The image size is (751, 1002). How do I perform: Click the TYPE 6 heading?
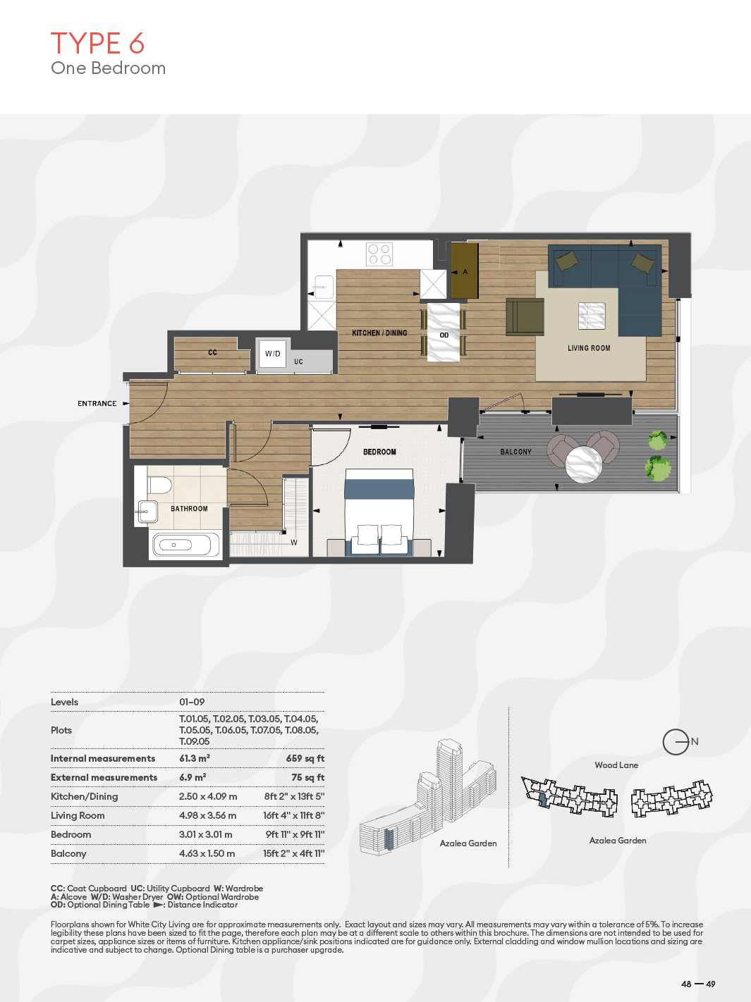(x=97, y=44)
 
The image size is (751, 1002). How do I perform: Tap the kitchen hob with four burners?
(x=379, y=254)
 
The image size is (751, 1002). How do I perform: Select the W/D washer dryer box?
(x=273, y=353)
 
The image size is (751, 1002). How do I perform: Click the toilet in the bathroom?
(x=159, y=485)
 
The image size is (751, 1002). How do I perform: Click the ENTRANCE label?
(x=97, y=404)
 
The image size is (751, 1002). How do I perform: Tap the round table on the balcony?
(x=583, y=464)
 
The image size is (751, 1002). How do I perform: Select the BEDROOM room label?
(x=379, y=452)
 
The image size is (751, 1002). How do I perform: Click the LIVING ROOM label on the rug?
(x=589, y=348)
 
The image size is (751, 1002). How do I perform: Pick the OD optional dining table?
(x=444, y=333)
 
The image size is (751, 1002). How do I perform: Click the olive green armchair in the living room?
(x=525, y=317)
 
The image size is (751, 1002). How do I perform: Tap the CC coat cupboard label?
(x=212, y=352)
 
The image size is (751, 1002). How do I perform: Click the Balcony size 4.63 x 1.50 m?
(x=207, y=853)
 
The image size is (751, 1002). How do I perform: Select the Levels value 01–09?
(x=192, y=702)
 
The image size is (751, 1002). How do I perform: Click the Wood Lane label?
(x=616, y=765)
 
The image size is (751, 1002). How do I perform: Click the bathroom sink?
(x=147, y=512)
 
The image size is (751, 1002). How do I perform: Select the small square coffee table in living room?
(x=592, y=316)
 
